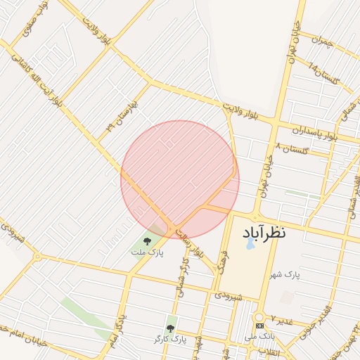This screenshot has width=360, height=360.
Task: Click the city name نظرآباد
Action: click(264, 233)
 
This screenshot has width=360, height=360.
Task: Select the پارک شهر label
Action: click(287, 274)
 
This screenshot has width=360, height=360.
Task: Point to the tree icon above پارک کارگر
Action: click(169, 328)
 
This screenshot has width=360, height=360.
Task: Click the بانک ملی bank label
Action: click(261, 337)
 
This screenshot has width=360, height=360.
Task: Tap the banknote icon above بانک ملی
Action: click(260, 327)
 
